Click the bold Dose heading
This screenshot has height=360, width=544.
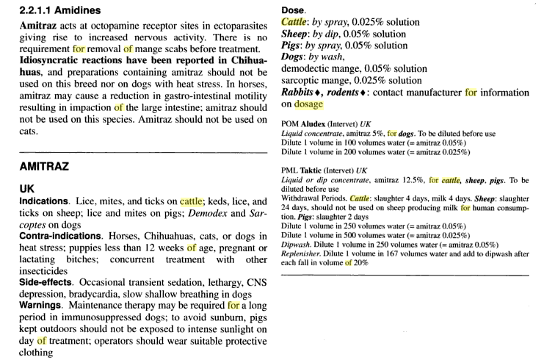point(296,11)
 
